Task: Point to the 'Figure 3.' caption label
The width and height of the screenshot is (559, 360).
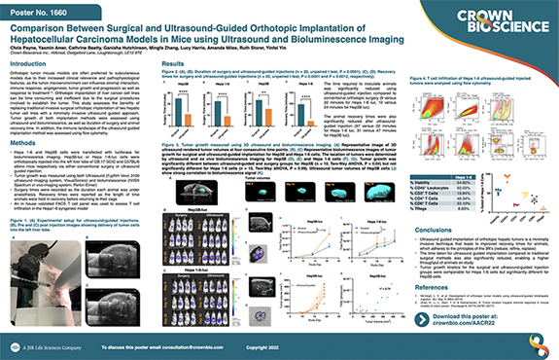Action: point(162,168)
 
